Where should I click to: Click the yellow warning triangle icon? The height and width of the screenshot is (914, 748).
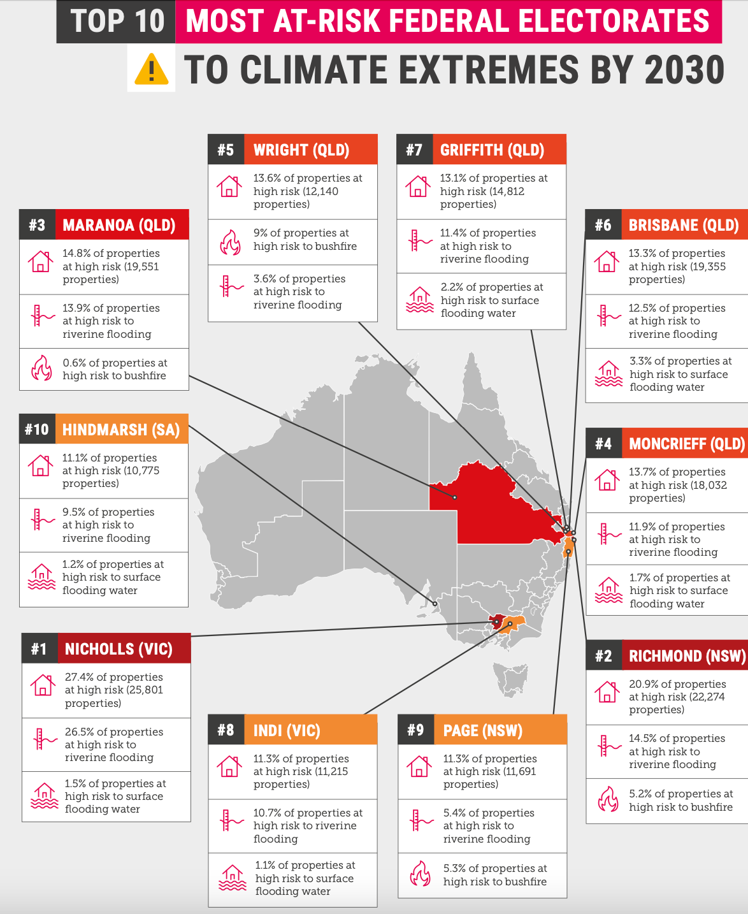[x=151, y=69]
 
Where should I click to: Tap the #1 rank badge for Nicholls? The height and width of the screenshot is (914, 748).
[x=40, y=649]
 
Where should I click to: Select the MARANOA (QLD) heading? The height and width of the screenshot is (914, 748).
[x=119, y=225]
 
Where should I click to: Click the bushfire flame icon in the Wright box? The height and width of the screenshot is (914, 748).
[x=230, y=242]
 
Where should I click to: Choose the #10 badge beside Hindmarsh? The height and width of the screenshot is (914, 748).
[x=37, y=430]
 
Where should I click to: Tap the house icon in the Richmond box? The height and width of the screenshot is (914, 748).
[x=607, y=691]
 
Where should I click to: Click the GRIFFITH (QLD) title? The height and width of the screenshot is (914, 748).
[x=492, y=150]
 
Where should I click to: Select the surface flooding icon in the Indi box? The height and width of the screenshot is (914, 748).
[x=232, y=878]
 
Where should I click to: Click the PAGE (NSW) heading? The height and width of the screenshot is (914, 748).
[x=483, y=730]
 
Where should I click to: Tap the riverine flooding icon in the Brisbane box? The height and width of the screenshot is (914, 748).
[x=607, y=316]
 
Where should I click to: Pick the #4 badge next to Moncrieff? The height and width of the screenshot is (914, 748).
[x=603, y=444]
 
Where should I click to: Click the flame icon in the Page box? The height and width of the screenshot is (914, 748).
[x=420, y=874]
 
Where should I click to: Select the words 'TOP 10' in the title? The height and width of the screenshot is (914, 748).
[x=117, y=21]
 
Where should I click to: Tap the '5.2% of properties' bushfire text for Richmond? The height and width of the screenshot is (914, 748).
[x=680, y=800]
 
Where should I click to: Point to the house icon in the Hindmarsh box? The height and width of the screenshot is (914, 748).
[x=40, y=465]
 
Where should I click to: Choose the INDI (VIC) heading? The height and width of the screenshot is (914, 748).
[x=287, y=730]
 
